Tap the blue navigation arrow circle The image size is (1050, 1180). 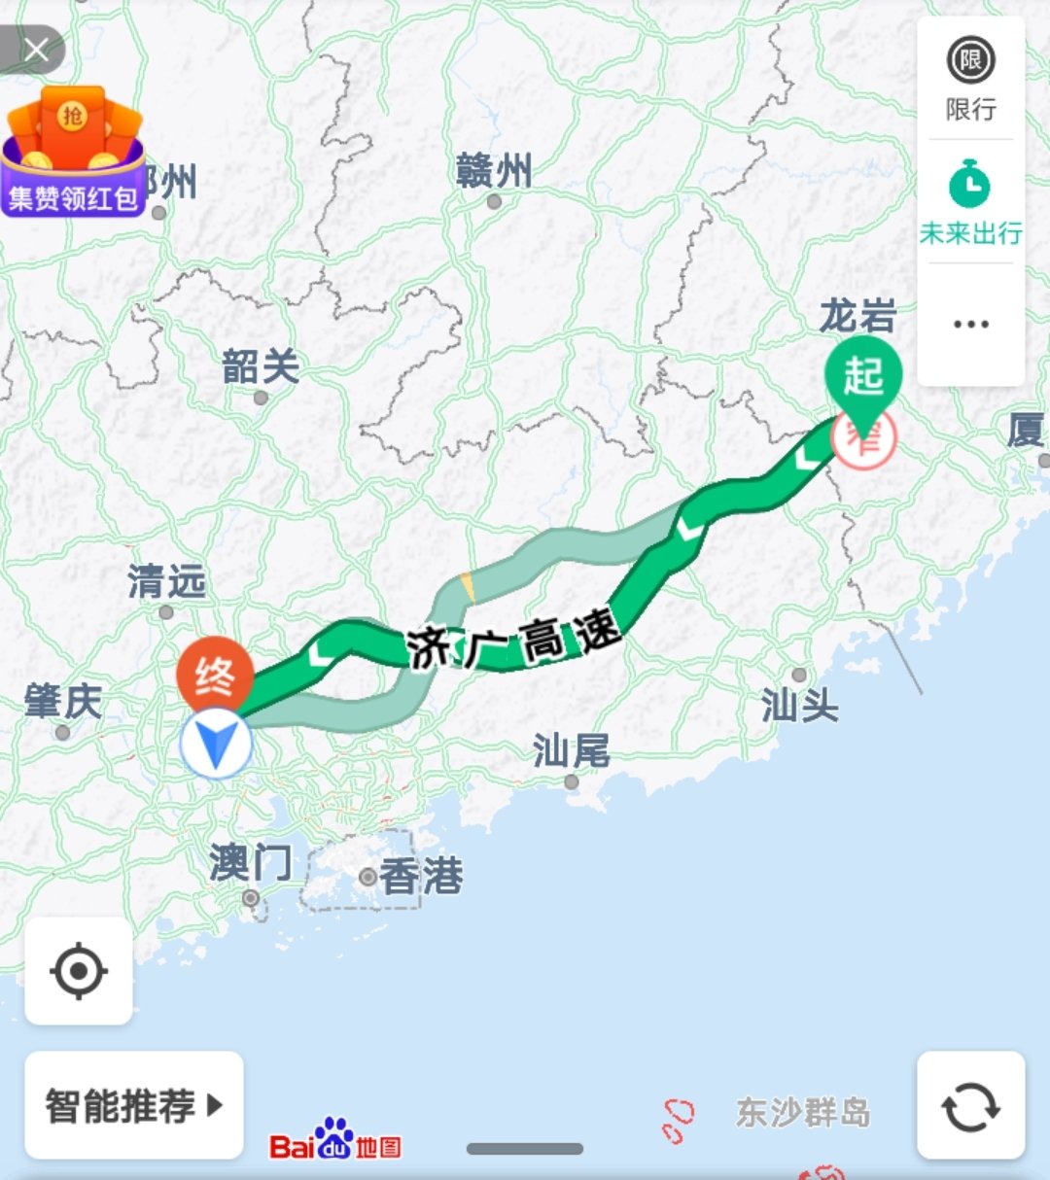(216, 744)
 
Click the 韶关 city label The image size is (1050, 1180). (260, 368)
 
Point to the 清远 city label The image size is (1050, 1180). (166, 582)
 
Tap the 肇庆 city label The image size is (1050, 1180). (63, 702)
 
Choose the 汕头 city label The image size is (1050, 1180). (799, 705)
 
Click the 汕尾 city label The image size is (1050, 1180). (571, 751)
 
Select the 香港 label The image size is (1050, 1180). (420, 877)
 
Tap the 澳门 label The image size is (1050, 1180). (250, 863)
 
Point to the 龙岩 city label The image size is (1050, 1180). (857, 317)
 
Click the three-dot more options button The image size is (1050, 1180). (970, 325)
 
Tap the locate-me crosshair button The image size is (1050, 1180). (79, 970)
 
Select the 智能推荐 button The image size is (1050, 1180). (134, 1105)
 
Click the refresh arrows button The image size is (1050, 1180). (970, 1105)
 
